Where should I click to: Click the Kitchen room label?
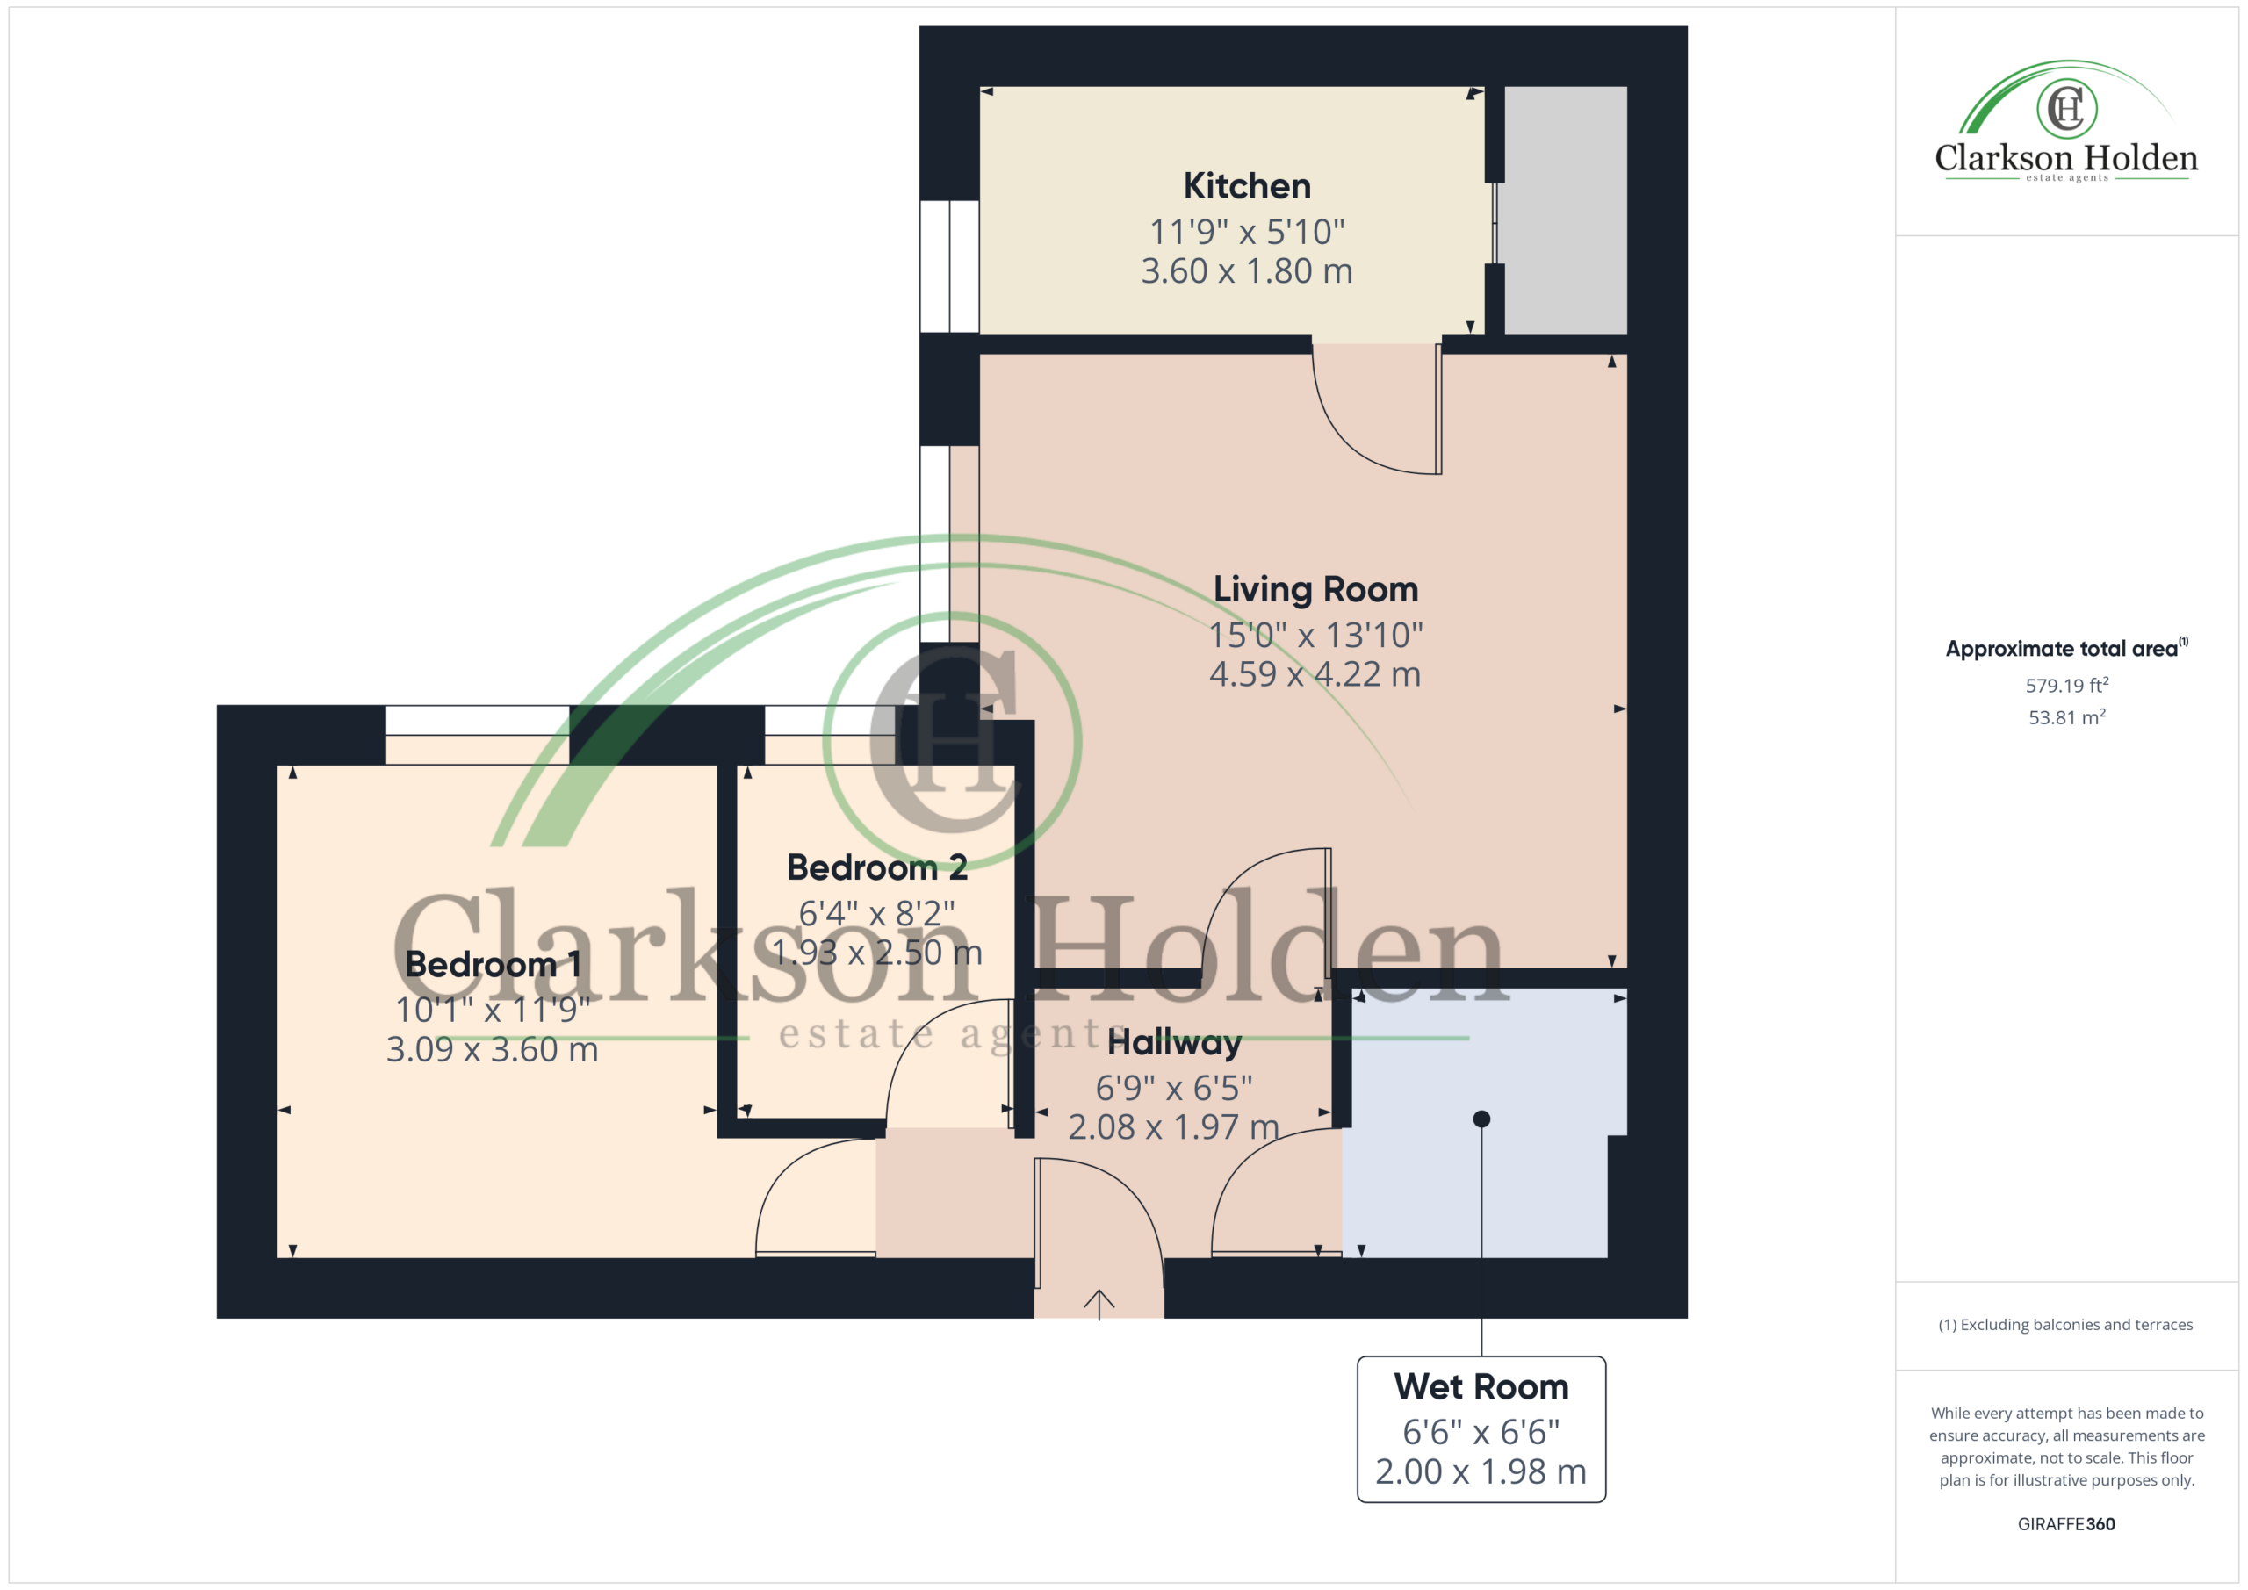pos(1246,186)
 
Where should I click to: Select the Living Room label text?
pos(1315,589)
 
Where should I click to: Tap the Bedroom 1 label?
pos(493,964)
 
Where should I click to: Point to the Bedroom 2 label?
pos(877,867)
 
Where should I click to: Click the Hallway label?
pos(1174,1043)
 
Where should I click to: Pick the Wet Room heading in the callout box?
pos(1481,1386)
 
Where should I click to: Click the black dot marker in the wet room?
pos(1481,1119)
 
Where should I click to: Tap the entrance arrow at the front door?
pos(1099,1304)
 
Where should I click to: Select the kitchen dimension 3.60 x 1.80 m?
pos(1246,271)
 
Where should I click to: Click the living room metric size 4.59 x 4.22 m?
pos(1315,674)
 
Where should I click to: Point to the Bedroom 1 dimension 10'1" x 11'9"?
pos(493,1010)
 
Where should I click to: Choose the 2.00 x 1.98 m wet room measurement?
pos(1481,1471)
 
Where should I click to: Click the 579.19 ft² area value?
pos(2067,686)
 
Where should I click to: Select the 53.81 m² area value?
pos(2067,717)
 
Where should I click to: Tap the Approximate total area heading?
pos(2066,648)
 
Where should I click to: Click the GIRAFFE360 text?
pos(2066,1524)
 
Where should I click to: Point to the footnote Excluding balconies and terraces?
pos(2066,1325)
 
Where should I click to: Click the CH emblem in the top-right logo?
pos(2067,108)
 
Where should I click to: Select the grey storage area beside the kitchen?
pos(1566,210)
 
